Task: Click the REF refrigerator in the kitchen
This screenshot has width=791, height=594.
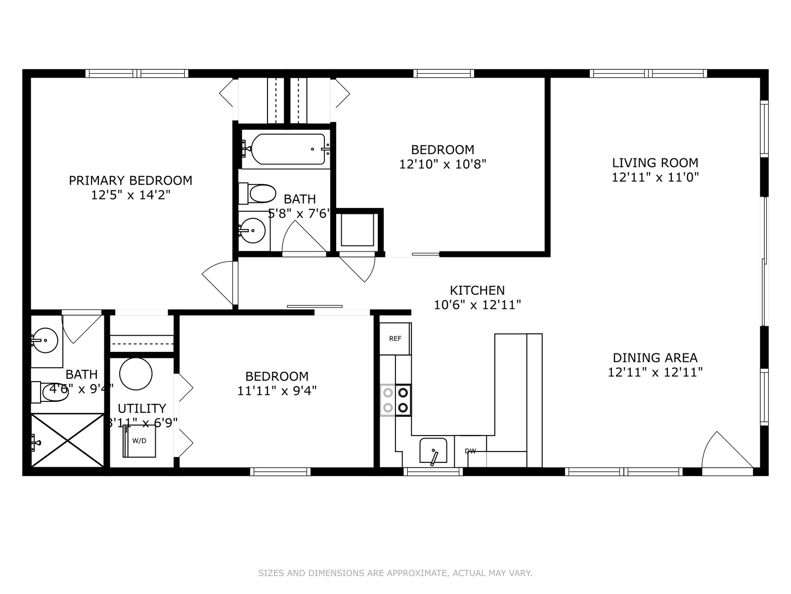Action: [x=395, y=338]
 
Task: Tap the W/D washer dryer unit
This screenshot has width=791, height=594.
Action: [x=139, y=441]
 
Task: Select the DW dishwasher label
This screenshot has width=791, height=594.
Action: [x=470, y=451]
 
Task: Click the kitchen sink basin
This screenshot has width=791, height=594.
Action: [x=433, y=450]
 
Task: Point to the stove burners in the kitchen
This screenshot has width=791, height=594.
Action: [x=395, y=400]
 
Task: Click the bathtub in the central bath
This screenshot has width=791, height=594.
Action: [x=288, y=149]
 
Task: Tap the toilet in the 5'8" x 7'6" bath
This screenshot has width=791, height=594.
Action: [x=257, y=194]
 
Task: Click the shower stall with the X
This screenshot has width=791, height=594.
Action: [x=67, y=440]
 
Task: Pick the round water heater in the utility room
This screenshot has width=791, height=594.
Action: [x=136, y=374]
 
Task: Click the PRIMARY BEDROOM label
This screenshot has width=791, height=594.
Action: [x=131, y=180]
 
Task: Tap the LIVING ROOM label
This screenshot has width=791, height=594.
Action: [x=655, y=163]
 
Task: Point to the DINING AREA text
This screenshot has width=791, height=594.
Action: [x=655, y=358]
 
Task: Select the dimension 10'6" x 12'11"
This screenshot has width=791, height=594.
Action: [x=477, y=305]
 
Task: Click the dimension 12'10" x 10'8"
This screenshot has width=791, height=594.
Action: [x=442, y=164]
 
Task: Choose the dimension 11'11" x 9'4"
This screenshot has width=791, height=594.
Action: [x=277, y=391]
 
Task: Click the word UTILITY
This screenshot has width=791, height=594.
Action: [x=141, y=408]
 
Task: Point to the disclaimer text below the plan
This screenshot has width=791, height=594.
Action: [x=395, y=573]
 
